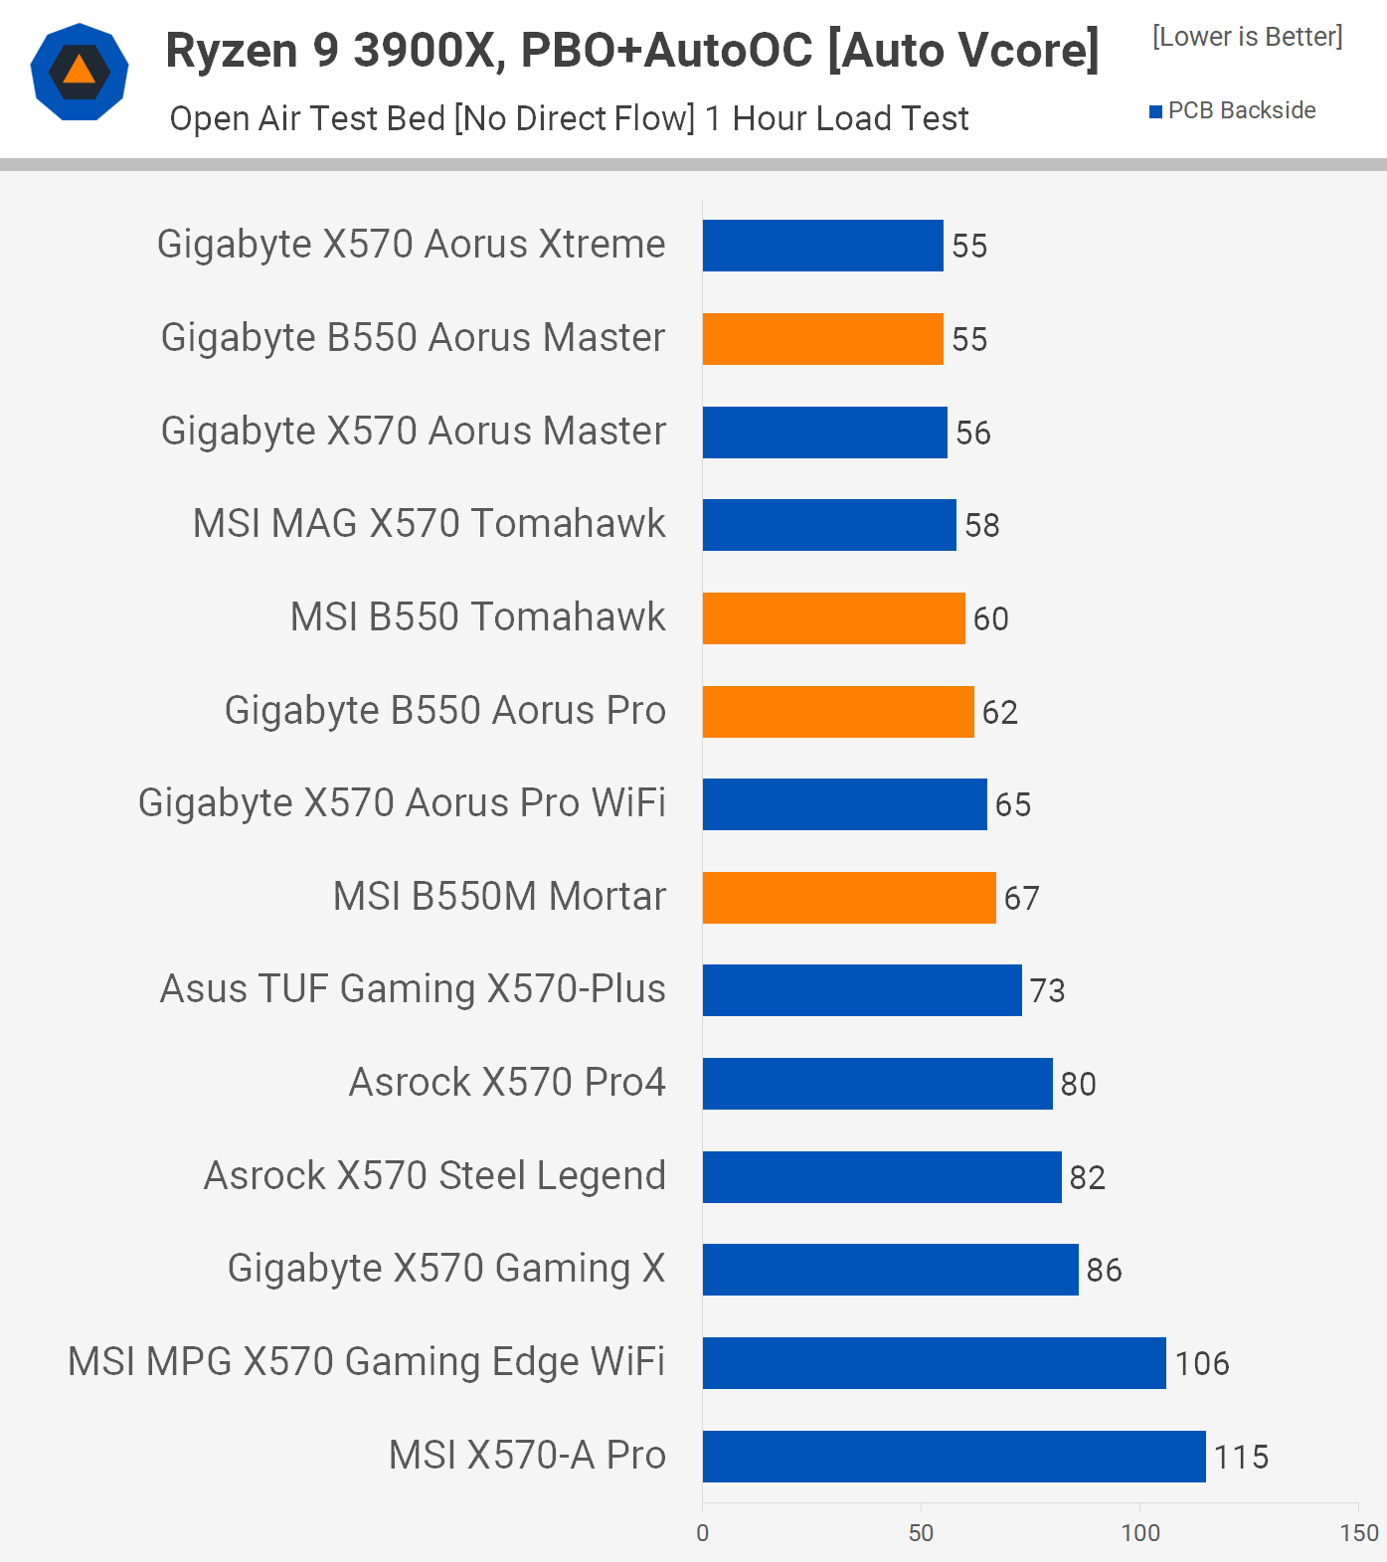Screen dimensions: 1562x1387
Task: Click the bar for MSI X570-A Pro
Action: point(954,1456)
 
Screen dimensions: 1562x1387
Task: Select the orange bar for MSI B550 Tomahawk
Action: point(833,618)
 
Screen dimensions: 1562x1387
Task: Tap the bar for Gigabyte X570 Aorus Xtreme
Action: point(822,246)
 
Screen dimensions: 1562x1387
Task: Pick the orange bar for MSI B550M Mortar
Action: point(849,898)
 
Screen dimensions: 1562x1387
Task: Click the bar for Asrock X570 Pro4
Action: point(877,1084)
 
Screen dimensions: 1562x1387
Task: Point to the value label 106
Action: point(1202,1363)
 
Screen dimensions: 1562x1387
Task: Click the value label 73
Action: point(1047,991)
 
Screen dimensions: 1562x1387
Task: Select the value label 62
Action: point(999,712)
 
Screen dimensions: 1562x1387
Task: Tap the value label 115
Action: point(1241,1457)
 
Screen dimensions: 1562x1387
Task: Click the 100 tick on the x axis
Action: point(1140,1532)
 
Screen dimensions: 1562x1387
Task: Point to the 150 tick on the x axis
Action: point(1359,1532)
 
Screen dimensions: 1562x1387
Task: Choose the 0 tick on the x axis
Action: point(703,1532)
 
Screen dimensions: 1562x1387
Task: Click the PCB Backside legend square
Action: point(1155,111)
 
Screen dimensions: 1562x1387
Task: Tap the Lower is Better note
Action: point(1247,37)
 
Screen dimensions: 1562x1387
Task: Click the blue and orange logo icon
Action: point(80,72)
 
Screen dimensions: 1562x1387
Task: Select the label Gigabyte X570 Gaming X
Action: point(446,1269)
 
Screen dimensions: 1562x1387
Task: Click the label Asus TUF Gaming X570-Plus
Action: point(413,989)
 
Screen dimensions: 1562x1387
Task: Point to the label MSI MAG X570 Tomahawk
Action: point(429,524)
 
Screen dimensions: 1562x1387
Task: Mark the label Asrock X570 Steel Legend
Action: point(434,1176)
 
